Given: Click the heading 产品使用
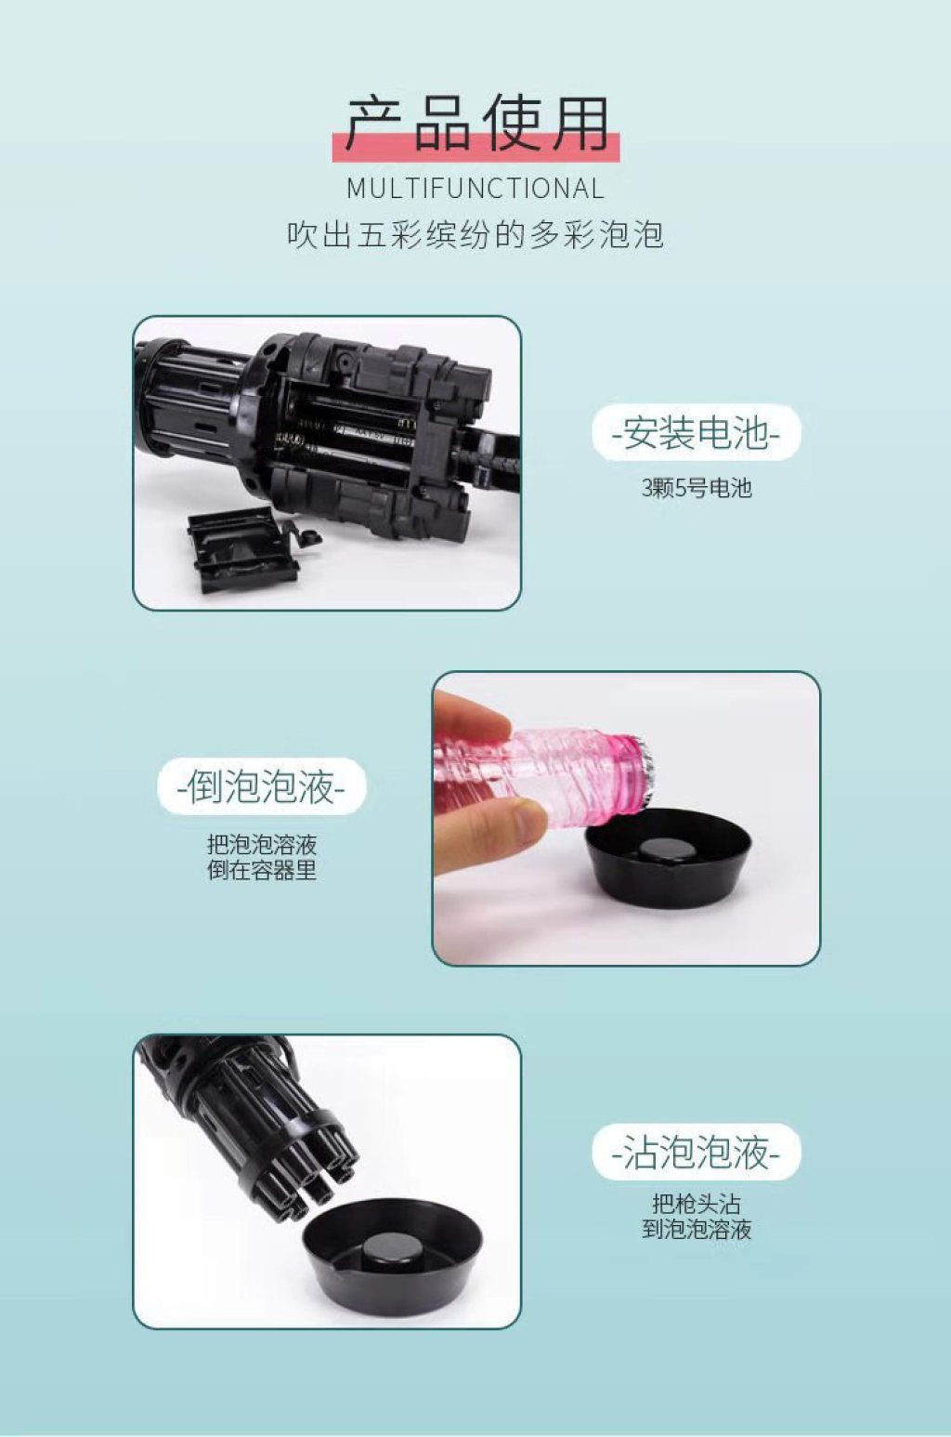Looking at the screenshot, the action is (476, 125).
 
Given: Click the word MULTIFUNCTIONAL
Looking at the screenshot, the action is (475, 189).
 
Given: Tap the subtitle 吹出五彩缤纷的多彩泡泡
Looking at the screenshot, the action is (475, 235).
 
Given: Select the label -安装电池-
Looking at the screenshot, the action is (696, 432).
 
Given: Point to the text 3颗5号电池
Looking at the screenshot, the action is (696, 489).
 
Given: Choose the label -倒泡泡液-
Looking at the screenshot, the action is (262, 786).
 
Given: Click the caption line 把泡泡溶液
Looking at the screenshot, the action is (262, 844).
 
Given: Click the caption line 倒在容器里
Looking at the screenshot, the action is (262, 871).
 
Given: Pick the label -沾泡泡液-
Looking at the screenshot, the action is (696, 1153).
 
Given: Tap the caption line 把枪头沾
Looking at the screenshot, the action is (696, 1204).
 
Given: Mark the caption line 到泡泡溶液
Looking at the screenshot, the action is (696, 1229).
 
